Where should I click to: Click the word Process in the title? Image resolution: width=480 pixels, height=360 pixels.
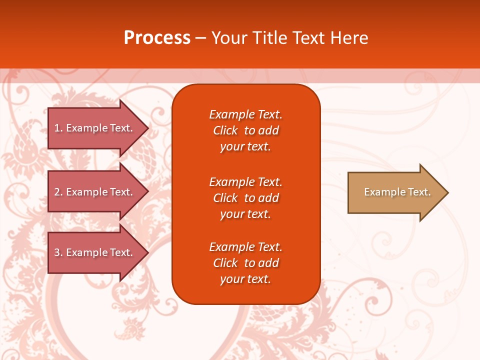[x=157, y=38]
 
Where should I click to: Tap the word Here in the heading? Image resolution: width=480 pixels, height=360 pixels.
[x=349, y=38]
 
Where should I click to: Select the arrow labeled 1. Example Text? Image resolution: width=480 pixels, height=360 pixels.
[x=95, y=128]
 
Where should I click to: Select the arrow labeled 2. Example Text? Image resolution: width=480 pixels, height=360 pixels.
[x=95, y=192]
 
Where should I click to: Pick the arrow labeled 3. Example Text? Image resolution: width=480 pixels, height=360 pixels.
[x=95, y=252]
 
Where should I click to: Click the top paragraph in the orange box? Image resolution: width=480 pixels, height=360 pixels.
[x=245, y=130]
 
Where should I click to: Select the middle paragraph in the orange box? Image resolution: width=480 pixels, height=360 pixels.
[x=245, y=198]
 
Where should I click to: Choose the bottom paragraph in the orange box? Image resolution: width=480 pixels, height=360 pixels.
[x=245, y=263]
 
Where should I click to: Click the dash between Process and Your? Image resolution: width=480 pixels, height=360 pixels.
[x=200, y=38]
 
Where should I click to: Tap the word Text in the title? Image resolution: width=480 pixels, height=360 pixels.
[x=307, y=38]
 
